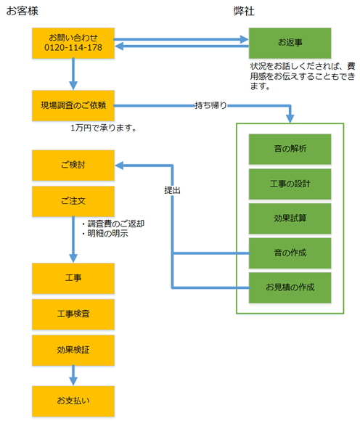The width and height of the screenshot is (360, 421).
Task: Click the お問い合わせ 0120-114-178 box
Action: pyautogui.click(x=73, y=43)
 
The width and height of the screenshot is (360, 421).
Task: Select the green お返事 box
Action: pyautogui.click(x=290, y=43)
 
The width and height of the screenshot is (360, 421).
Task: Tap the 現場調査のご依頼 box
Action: pyautogui.click(x=73, y=105)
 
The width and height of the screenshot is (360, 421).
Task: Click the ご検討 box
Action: pyautogui.click(x=73, y=165)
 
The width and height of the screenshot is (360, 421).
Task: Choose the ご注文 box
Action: pyautogui.click(x=73, y=201)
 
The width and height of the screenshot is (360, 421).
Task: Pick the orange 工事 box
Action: pyautogui.click(x=73, y=278)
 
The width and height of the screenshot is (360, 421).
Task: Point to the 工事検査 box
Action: pyautogui.click(x=73, y=314)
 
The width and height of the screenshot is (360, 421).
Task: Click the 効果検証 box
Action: pyautogui.click(x=73, y=350)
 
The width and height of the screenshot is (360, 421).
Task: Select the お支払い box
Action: pyautogui.click(x=73, y=401)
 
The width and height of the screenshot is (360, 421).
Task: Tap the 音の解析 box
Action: pyautogui.click(x=290, y=149)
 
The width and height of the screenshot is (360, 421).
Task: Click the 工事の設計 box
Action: pyautogui.click(x=290, y=184)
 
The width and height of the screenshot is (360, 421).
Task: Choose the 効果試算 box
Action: pyautogui.click(x=290, y=218)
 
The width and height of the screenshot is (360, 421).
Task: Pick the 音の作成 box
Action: pyautogui.click(x=290, y=253)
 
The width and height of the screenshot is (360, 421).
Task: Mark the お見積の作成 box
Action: pyautogui.click(x=290, y=287)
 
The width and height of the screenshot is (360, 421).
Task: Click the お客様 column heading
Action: pyautogui.click(x=22, y=11)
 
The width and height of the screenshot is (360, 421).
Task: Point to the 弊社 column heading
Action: pyautogui.click(x=244, y=11)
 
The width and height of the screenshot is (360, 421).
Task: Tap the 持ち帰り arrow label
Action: pyautogui.click(x=211, y=105)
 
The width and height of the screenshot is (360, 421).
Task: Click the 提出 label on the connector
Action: pyautogui.click(x=172, y=190)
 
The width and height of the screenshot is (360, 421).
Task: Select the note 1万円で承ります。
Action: pyautogui.click(x=103, y=128)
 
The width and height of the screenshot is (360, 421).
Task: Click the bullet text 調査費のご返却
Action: pyautogui.click(x=116, y=224)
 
